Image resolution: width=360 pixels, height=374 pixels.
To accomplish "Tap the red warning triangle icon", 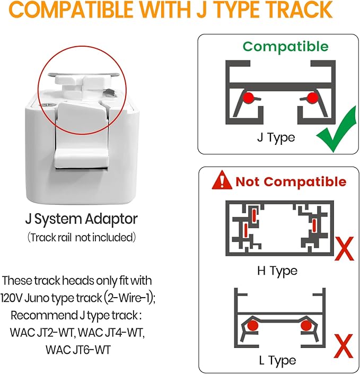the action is (x=222, y=180).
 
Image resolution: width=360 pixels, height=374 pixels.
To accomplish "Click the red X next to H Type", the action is (x=344, y=249).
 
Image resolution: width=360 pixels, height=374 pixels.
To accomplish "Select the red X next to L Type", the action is (x=344, y=345).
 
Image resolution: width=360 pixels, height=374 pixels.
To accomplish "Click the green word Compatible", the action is (x=285, y=47).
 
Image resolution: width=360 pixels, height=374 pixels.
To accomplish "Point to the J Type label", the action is (x=276, y=137).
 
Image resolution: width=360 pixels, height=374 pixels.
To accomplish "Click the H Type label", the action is (x=277, y=271).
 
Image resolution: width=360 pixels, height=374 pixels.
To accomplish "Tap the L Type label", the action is (x=277, y=360).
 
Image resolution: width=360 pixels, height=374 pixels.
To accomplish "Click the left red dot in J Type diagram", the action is (x=248, y=97).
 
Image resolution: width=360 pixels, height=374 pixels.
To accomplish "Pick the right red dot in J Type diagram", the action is (x=312, y=97).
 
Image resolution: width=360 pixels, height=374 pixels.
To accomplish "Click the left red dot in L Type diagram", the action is (x=253, y=325).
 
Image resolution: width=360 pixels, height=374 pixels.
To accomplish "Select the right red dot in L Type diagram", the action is (x=306, y=325).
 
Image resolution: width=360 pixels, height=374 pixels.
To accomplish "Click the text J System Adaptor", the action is (x=82, y=219).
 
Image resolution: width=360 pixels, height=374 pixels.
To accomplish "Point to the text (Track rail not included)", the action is (x=82, y=238).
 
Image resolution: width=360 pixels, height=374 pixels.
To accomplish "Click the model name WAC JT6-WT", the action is (x=78, y=350).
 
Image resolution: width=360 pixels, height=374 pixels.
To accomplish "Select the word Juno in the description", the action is (x=37, y=298).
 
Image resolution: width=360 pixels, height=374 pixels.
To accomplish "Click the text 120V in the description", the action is (x=12, y=298).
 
